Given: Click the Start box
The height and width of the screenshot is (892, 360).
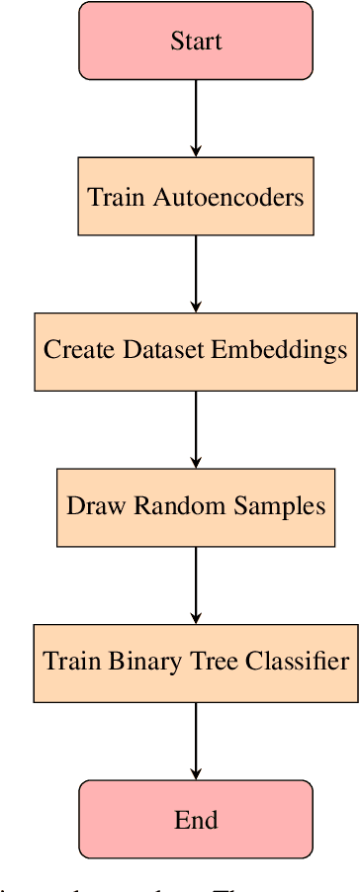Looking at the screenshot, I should coord(196,42).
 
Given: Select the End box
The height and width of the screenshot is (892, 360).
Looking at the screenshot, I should coord(196,820).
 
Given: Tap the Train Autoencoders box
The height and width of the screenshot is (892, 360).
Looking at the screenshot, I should coord(196,196).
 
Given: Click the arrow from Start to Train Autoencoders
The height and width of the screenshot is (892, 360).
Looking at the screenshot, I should coord(196,117).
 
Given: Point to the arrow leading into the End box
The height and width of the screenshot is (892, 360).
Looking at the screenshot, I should coord(196,741).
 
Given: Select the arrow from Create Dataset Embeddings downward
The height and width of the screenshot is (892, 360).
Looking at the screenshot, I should coord(196,429).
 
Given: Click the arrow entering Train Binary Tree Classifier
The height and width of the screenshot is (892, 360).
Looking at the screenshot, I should coord(196,584).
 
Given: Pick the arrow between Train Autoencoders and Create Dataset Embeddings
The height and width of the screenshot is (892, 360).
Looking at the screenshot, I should coord(196,273).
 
